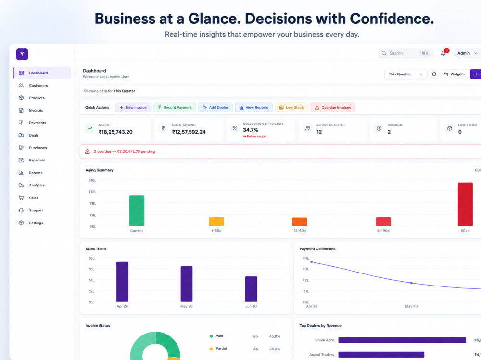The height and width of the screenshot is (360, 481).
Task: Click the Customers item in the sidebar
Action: [33, 86]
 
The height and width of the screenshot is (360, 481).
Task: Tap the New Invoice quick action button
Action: [133, 107]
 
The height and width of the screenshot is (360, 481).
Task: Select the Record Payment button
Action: [175, 107]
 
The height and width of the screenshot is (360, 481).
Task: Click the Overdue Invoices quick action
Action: [333, 107]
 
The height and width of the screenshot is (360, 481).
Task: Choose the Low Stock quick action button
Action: [291, 107]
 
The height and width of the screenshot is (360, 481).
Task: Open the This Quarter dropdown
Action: [405, 74]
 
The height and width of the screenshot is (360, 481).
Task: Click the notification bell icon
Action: [443, 53]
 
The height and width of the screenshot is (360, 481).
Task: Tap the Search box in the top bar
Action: [405, 53]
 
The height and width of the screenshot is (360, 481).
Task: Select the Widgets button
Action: [455, 74]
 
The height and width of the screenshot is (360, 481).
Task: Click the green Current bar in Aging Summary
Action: [137, 211]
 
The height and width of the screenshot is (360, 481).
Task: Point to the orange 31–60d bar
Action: [300, 222]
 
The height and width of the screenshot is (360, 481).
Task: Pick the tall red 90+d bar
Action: [465, 204]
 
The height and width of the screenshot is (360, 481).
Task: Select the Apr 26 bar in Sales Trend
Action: [122, 282]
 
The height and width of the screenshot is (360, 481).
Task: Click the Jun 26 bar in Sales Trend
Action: [251, 289]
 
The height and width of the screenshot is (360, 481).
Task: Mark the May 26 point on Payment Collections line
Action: [411, 283]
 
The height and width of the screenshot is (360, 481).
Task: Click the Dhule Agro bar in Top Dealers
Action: [402, 340]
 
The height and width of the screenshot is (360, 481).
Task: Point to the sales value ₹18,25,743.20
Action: [115, 132]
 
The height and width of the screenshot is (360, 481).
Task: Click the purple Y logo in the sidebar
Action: [22, 54]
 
